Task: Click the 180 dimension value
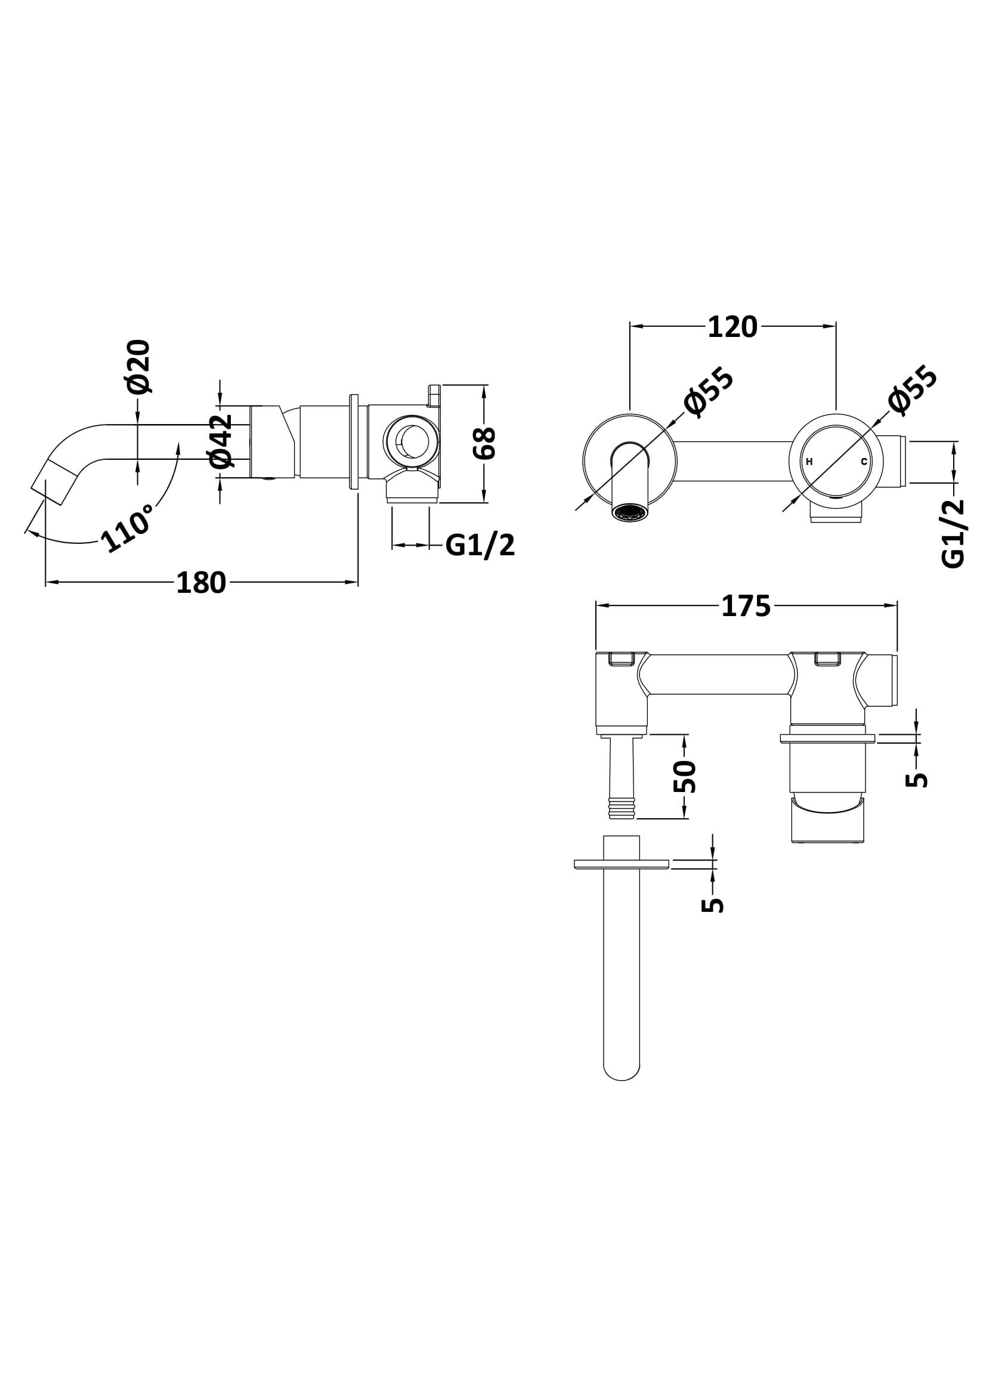(201, 583)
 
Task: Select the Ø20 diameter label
(138, 366)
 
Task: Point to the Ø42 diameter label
(221, 441)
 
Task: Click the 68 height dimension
(486, 443)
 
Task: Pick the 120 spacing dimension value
(732, 327)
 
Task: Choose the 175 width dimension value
(746, 606)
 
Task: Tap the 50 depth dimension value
(685, 776)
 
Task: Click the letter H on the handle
(809, 462)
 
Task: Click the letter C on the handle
(863, 462)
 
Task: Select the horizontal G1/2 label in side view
(480, 546)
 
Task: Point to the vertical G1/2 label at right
(954, 533)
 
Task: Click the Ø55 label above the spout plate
(709, 393)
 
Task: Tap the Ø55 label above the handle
(912, 391)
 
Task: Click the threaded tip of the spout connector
(622, 810)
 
